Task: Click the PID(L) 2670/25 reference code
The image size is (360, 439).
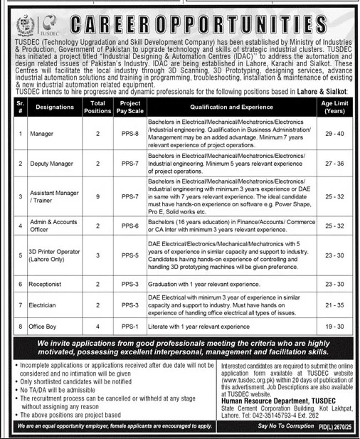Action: pyautogui.click(x=335, y=425)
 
